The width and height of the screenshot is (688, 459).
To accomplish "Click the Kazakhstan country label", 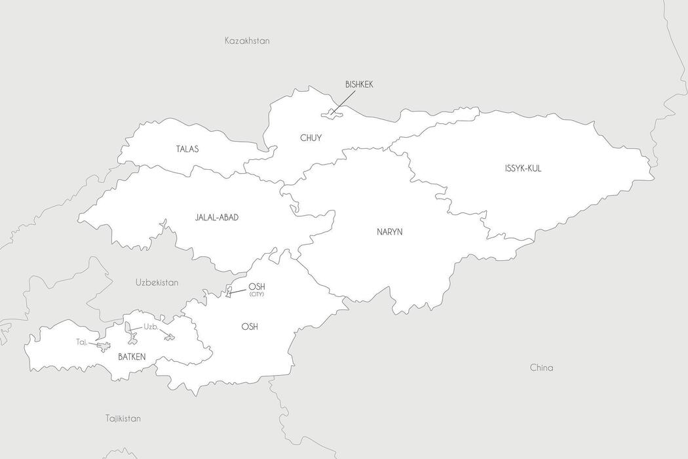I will click(247, 41).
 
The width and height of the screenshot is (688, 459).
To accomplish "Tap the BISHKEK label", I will click(359, 85).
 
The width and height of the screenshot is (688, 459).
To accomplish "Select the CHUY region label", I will click(311, 138).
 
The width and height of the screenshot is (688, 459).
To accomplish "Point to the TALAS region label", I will click(187, 150).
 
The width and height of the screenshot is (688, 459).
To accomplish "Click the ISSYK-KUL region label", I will click(523, 169).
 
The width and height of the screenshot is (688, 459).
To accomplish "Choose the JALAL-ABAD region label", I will click(216, 217).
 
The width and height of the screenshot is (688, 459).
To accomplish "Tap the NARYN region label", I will click(389, 231).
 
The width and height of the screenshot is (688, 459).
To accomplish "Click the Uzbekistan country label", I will click(157, 283).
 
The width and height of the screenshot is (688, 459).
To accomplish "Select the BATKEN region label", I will click(131, 357).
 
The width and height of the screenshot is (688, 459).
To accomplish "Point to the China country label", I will click(541, 368).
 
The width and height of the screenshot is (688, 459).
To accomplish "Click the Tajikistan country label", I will click(123, 418).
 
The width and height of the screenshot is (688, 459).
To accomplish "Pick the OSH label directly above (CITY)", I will click(256, 287).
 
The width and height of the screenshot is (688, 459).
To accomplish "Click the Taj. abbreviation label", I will click(81, 342).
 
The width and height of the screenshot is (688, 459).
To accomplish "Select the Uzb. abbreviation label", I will click(151, 327).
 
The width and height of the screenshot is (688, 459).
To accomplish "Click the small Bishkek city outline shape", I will click(331, 114).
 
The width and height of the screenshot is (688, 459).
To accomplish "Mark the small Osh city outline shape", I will click(229, 291).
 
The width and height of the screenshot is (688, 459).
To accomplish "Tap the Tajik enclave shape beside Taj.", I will click(104, 347).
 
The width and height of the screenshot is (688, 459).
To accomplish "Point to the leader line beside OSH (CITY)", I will click(239, 290).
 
